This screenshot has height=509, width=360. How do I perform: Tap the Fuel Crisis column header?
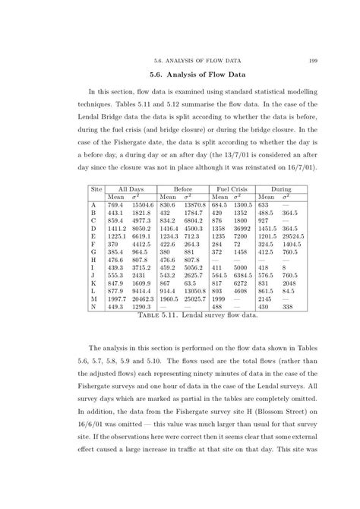pos(232,187)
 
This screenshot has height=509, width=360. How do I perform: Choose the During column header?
pos(278,187)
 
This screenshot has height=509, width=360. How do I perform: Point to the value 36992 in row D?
pos(243,228)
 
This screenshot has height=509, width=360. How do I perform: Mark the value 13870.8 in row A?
pos(195,205)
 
